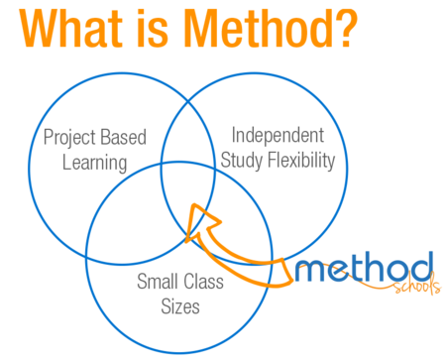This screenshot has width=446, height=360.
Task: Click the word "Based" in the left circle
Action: coord(125,137)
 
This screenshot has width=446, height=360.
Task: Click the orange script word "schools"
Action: coord(407,291)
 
